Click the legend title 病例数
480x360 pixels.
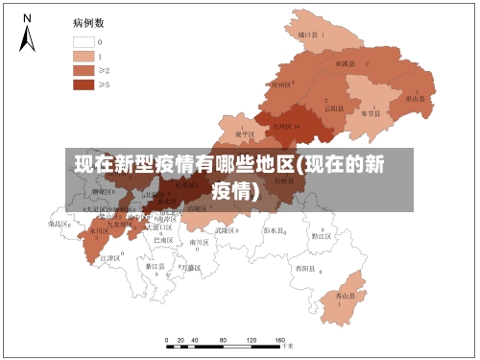[88, 22]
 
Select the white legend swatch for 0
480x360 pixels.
[84, 42]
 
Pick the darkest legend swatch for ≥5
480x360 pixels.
[84, 84]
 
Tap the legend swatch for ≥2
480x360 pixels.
[84, 70]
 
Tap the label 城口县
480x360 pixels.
[307, 34]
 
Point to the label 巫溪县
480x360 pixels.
[346, 62]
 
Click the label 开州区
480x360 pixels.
[280, 84]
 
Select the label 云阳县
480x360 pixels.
[333, 108]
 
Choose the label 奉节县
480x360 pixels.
[372, 112]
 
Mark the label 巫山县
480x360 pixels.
[416, 98]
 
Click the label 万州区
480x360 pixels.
[282, 126]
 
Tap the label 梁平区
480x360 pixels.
[244, 134]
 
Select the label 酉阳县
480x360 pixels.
[306, 267]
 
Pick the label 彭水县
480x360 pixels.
[275, 230]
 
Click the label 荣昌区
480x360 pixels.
[60, 223]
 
